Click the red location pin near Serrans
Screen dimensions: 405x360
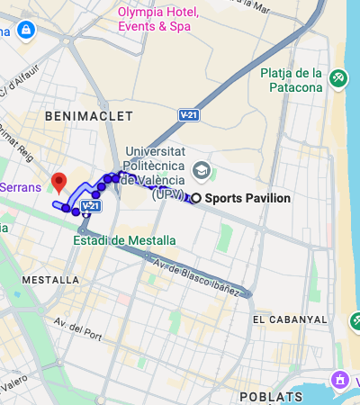[59, 183]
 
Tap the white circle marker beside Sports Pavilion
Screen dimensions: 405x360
[196, 198]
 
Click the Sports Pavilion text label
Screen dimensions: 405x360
[247, 198]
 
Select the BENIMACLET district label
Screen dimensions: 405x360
[88, 117]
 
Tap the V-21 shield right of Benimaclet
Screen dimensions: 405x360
[189, 115]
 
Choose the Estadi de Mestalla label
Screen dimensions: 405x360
[125, 239]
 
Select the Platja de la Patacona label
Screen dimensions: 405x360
[291, 80]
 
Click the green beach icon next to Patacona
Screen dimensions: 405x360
[338, 79]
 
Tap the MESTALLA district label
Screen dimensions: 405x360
[50, 280]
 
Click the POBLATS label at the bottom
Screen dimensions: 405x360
[271, 396]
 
